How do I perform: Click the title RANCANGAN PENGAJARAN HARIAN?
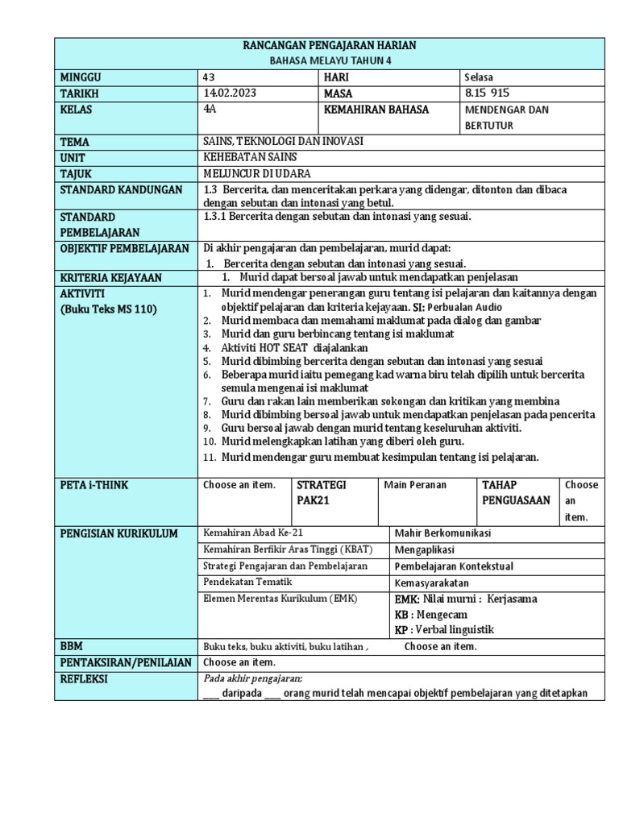(x=329, y=46)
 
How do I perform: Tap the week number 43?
(x=211, y=77)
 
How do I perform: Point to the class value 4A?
(x=212, y=110)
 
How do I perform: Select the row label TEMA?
(x=74, y=142)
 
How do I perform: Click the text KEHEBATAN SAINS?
(x=251, y=158)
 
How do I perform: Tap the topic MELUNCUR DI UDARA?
(x=257, y=174)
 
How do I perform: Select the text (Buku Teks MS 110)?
(x=109, y=309)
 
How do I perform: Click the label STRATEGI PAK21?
(x=322, y=492)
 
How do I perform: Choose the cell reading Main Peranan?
(x=415, y=485)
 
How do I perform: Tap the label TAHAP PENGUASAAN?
(x=516, y=492)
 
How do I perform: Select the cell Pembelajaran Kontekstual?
(x=454, y=566)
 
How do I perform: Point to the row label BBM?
(x=72, y=646)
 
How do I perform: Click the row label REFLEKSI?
(x=84, y=678)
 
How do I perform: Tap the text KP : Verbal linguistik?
(x=444, y=629)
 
